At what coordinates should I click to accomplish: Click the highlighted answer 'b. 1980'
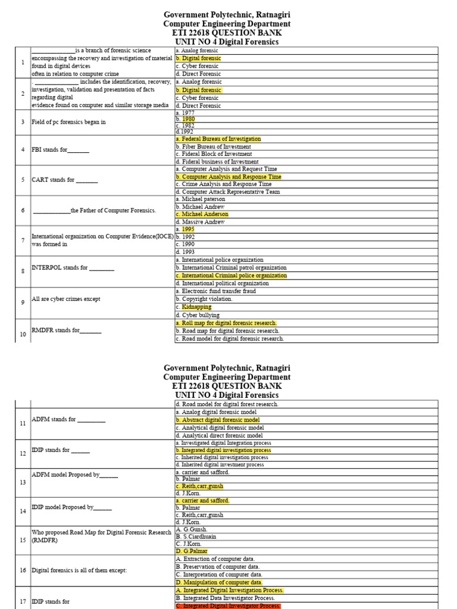point(189,119)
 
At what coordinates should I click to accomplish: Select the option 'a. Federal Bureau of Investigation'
point(218,139)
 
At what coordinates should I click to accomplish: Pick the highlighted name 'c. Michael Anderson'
point(202,214)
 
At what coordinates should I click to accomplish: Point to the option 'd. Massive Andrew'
point(200,222)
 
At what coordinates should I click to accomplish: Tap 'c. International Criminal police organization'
point(231,276)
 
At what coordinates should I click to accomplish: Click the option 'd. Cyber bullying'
point(198,315)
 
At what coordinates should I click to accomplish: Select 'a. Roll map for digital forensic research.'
point(226,323)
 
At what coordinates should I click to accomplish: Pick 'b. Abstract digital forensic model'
point(217,420)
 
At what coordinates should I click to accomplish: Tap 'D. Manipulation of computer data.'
point(219,582)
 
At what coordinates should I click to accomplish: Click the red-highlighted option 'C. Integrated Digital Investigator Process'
point(228,605)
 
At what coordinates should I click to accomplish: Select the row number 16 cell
point(23,570)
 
